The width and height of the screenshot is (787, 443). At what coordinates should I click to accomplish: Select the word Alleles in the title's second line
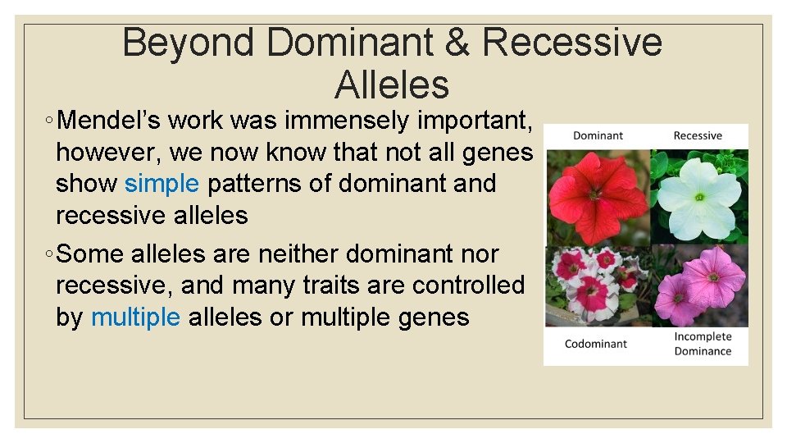(x=392, y=84)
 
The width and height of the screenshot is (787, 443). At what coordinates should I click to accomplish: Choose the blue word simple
(x=161, y=183)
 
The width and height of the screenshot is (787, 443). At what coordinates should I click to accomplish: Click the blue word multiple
(x=135, y=317)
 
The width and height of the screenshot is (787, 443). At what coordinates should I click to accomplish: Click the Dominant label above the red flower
(x=598, y=135)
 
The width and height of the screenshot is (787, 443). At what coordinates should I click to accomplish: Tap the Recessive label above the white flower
(x=698, y=135)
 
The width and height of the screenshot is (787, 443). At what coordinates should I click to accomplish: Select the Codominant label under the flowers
(x=596, y=344)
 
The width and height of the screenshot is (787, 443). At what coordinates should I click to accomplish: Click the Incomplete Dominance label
(x=703, y=344)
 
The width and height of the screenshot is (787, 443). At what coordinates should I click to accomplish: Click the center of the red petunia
(x=594, y=195)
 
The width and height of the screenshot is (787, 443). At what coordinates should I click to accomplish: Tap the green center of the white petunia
(x=699, y=197)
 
